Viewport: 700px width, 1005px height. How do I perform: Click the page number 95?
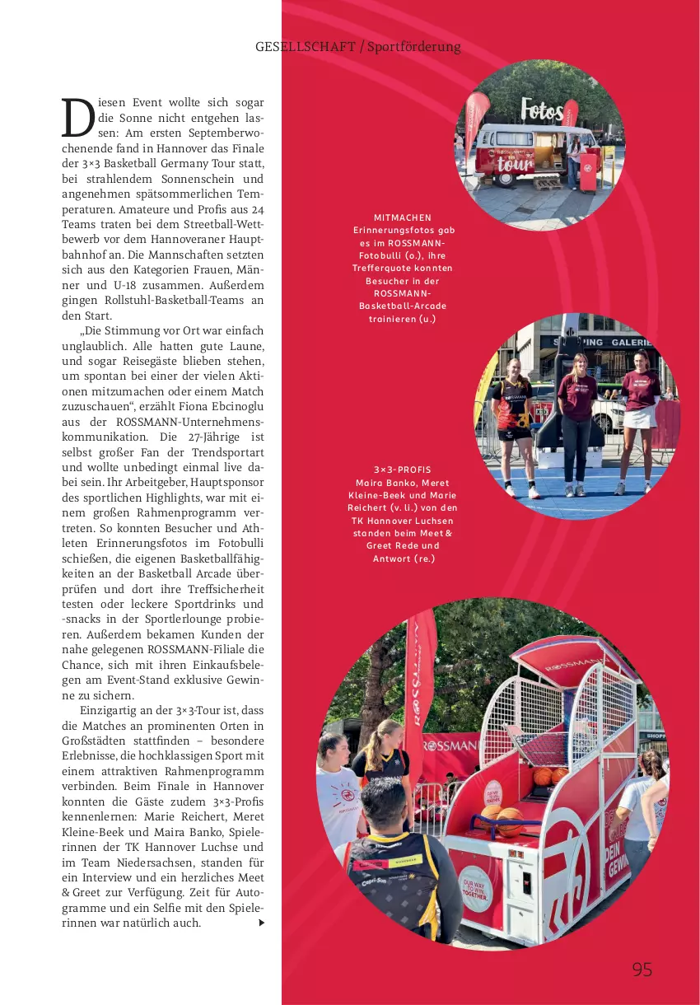coord(642,969)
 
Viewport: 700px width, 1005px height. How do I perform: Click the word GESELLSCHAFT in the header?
coord(306,46)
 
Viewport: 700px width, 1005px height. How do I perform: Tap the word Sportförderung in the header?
coord(413,46)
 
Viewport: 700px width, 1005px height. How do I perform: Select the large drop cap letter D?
coord(77,117)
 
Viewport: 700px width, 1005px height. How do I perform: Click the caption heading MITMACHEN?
coord(403,217)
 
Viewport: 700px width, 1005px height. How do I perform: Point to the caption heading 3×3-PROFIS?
coord(403,470)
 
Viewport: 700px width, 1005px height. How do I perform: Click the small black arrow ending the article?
coord(261,923)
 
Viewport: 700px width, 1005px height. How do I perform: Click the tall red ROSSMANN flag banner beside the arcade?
coord(419,684)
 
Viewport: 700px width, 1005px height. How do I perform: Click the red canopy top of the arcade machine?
coord(568,659)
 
